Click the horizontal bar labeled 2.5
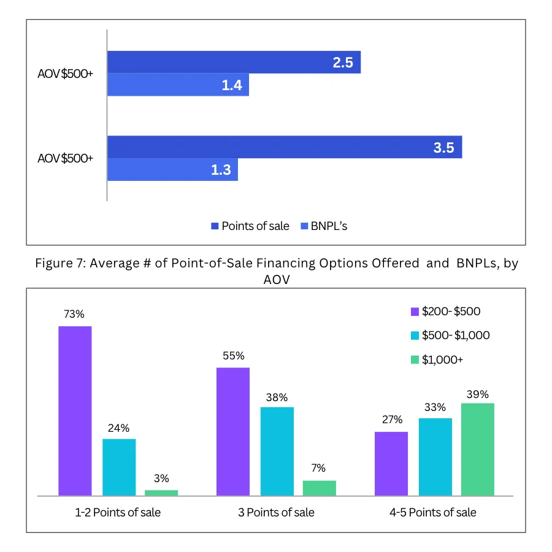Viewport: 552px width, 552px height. coord(234,62)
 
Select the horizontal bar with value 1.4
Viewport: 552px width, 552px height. coord(178,85)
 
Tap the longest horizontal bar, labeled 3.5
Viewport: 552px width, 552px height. coord(285,147)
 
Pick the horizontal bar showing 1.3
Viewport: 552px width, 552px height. coord(172,169)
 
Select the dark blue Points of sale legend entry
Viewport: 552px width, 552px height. coord(250,226)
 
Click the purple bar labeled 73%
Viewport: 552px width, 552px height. coord(75,410)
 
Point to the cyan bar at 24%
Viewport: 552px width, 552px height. coord(119,467)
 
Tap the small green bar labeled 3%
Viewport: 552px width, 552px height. coord(161,493)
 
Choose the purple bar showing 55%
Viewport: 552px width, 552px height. coord(234,431)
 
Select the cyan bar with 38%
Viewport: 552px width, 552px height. coord(277,451)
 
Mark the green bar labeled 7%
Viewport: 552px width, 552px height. coord(320,488)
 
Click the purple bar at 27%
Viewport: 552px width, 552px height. coord(391,463)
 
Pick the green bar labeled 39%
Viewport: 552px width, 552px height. coord(477,449)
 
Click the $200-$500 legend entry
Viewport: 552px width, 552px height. coord(445,312)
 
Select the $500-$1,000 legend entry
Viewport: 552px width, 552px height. coord(450,335)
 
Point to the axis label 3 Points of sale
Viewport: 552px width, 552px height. coord(276,512)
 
